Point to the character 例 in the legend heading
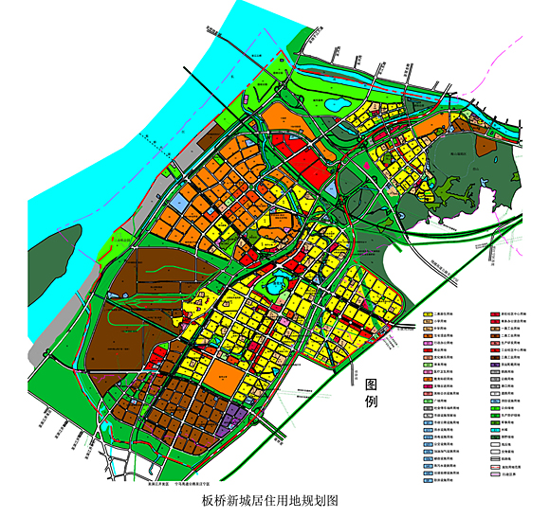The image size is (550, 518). (x=372, y=402)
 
